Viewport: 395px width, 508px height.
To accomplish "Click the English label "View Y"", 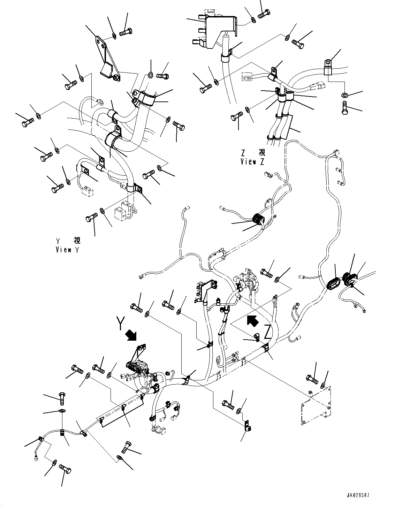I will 67,250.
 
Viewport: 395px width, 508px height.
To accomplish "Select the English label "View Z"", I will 252,161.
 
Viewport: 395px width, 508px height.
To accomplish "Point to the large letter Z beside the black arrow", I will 267,332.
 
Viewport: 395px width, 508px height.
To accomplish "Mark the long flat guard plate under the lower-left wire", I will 122,410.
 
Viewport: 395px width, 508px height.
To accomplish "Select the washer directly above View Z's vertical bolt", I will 345,95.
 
